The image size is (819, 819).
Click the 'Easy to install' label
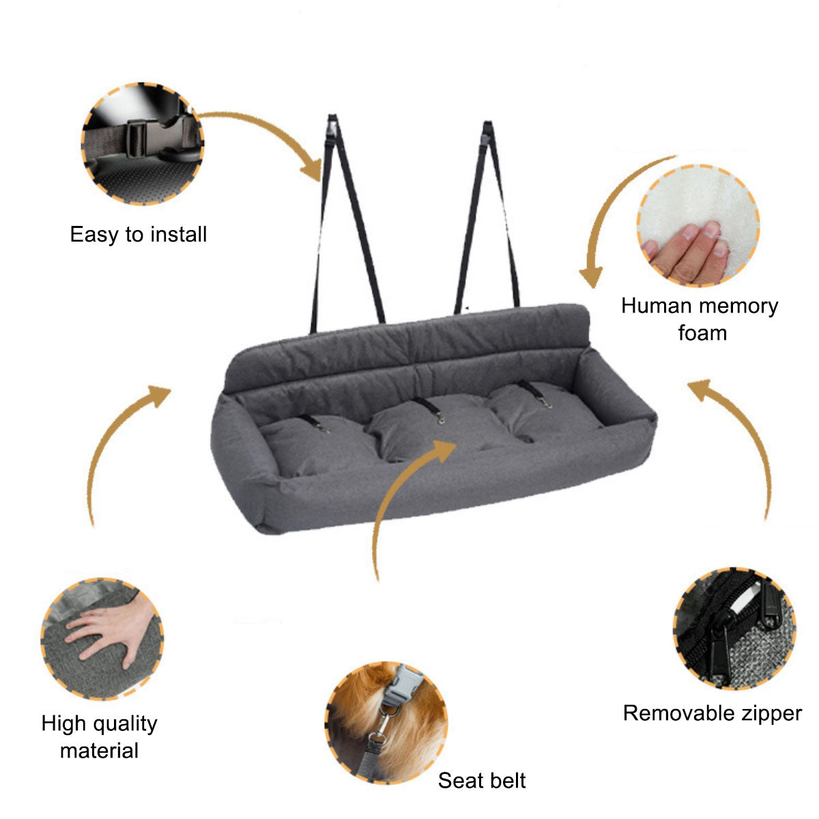(138, 235)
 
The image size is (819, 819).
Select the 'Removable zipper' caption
(713, 713)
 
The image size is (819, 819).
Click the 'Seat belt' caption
(482, 780)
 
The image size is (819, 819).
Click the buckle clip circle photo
(143, 143)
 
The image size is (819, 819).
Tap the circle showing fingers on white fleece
(698, 225)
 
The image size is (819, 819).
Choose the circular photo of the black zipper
(735, 629)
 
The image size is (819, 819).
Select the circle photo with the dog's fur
(386, 722)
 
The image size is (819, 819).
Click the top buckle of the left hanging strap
(332, 128)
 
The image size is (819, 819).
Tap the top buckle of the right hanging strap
(487, 134)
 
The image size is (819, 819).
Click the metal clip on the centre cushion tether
(442, 420)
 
